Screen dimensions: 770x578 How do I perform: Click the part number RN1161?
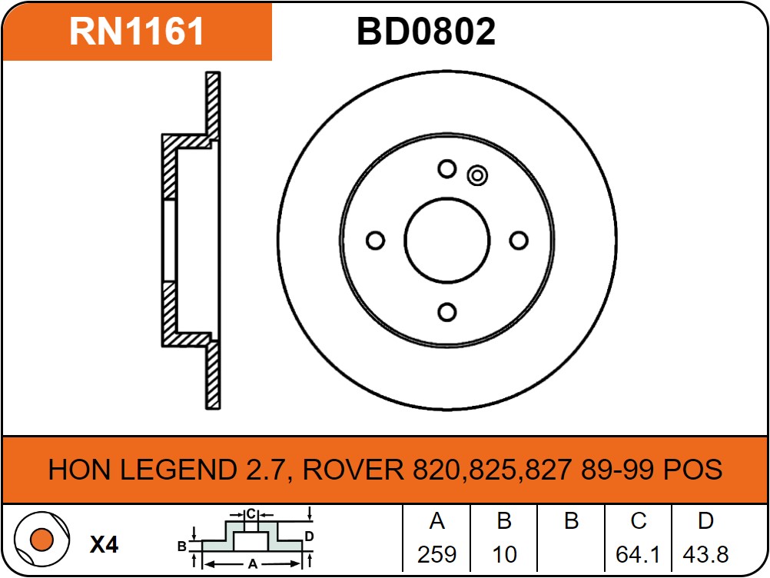pos(137,32)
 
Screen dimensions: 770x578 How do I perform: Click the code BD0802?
pos(426,32)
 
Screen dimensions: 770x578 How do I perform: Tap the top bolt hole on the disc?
pos(447,169)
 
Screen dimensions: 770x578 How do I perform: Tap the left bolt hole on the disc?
pos(376,241)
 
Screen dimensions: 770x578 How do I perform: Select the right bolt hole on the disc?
pos(519,241)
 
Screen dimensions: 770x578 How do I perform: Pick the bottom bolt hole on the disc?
pos(447,312)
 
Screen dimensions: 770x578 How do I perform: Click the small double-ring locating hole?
pos(476,175)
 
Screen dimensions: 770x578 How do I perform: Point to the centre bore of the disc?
pos(447,241)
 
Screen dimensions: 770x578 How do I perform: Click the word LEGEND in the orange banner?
pos(178,470)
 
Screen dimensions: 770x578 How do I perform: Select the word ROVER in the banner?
pos(353,470)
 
